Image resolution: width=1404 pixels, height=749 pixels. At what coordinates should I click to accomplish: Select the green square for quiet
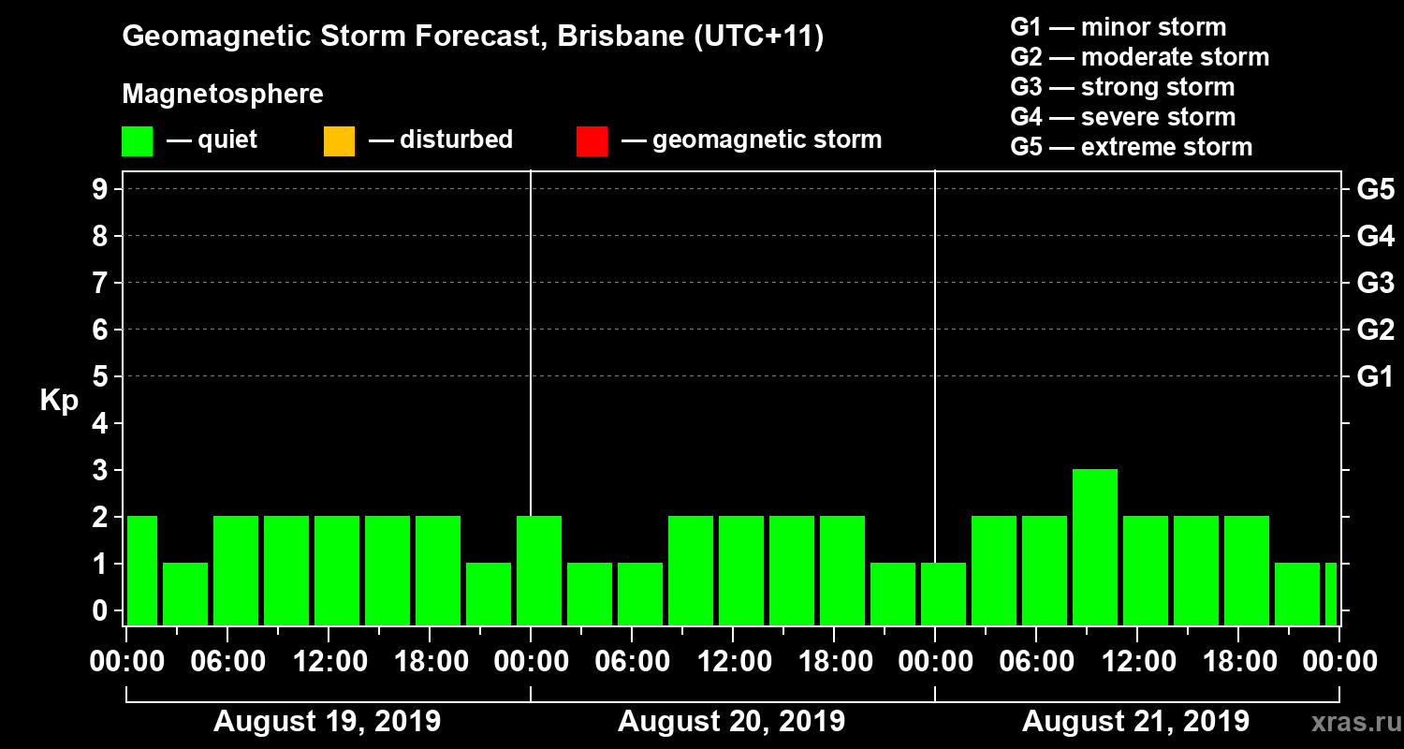pos(137,141)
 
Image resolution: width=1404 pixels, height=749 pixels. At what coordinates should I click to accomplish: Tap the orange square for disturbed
pos(339,141)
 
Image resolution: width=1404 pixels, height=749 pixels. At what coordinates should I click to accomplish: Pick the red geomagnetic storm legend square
pos(592,141)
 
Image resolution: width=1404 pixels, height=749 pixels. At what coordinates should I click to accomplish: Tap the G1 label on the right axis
pos(1375,377)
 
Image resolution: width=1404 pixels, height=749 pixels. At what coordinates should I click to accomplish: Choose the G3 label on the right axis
pos(1375,283)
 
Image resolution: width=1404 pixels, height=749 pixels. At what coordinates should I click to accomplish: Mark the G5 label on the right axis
pos(1375,190)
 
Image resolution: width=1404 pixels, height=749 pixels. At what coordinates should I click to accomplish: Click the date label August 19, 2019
pos(327,722)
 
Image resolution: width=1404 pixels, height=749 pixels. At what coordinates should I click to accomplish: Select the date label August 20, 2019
pos(731,722)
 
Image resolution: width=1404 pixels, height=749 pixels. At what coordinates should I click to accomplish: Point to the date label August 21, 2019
pos(1135,722)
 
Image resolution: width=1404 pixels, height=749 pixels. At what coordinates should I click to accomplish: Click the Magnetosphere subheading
pos(223,95)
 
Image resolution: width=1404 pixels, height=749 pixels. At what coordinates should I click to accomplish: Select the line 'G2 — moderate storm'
pos(1139,57)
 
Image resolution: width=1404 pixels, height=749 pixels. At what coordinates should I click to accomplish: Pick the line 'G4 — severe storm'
pos(1122,117)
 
